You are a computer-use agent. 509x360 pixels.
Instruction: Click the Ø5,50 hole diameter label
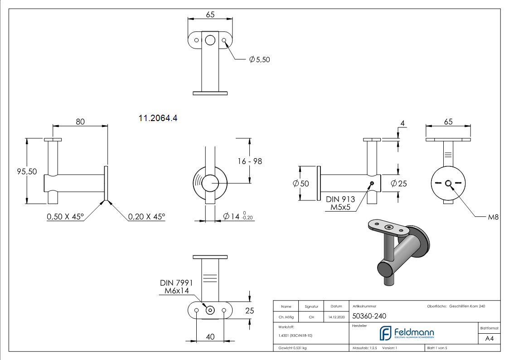click(x=259, y=59)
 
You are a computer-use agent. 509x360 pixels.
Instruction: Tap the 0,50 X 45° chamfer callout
click(x=65, y=217)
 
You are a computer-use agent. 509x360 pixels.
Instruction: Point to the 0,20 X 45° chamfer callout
click(x=146, y=217)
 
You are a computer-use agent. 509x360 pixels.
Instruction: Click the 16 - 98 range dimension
click(x=250, y=161)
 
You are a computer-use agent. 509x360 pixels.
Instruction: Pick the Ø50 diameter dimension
click(x=301, y=184)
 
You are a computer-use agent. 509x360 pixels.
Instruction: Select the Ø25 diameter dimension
click(x=399, y=184)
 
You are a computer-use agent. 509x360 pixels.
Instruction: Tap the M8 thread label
click(x=493, y=217)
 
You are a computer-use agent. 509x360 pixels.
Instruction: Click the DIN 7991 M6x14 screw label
click(x=176, y=287)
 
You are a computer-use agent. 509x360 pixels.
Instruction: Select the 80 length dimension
click(x=80, y=122)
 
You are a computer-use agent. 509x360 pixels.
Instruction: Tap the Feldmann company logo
click(x=407, y=333)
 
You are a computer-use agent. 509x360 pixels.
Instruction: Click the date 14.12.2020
click(x=336, y=317)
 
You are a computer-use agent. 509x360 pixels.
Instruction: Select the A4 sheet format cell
click(x=489, y=339)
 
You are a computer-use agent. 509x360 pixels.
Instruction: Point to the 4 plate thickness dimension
click(x=402, y=123)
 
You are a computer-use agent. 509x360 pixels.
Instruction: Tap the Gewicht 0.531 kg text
click(x=292, y=348)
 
